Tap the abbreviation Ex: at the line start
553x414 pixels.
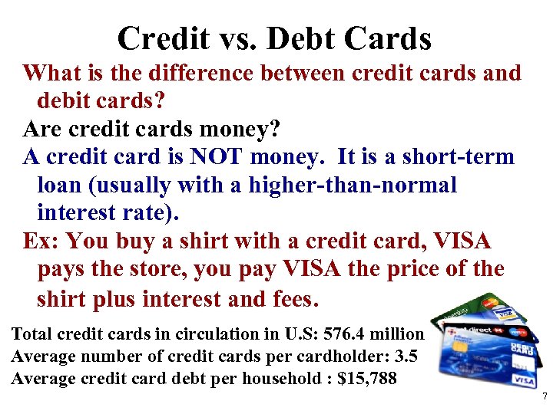(x=41, y=241)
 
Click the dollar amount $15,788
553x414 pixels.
(x=366, y=379)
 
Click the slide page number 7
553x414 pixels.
(x=544, y=396)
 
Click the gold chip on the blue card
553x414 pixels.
(x=461, y=346)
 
